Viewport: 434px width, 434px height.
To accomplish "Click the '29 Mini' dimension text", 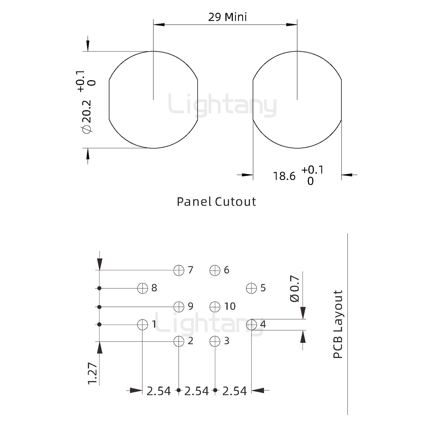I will click(x=227, y=17).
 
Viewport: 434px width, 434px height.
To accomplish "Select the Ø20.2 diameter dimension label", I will click(x=86, y=116).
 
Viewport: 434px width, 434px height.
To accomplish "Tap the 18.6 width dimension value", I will click(x=284, y=176).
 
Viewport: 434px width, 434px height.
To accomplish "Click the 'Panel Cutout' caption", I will click(x=216, y=202).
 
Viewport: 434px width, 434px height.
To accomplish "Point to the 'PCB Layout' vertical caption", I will click(x=338, y=324).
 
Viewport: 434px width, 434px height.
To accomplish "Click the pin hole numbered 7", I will click(x=179, y=270).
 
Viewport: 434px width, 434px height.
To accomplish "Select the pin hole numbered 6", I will click(x=215, y=270).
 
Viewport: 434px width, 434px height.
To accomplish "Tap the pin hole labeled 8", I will click(x=143, y=288).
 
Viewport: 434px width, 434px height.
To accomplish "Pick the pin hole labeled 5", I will click(x=251, y=288).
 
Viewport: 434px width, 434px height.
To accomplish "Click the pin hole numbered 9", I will click(x=179, y=307).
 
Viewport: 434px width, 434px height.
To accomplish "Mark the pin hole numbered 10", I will click(x=215, y=307).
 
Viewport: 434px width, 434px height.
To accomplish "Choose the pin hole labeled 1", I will click(x=143, y=325).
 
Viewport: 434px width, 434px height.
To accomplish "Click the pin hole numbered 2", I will click(x=179, y=341).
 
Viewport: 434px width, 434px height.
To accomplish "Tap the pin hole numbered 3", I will click(x=215, y=341).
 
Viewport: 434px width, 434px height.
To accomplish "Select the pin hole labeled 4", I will click(x=251, y=325).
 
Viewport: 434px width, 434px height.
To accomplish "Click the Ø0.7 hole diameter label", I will click(x=294, y=288).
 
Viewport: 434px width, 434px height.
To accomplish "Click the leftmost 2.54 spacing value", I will click(x=159, y=391).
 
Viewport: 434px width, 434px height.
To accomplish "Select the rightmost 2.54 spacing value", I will click(x=234, y=391).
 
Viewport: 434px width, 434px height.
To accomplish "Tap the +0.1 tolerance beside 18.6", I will click(x=312, y=170).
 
